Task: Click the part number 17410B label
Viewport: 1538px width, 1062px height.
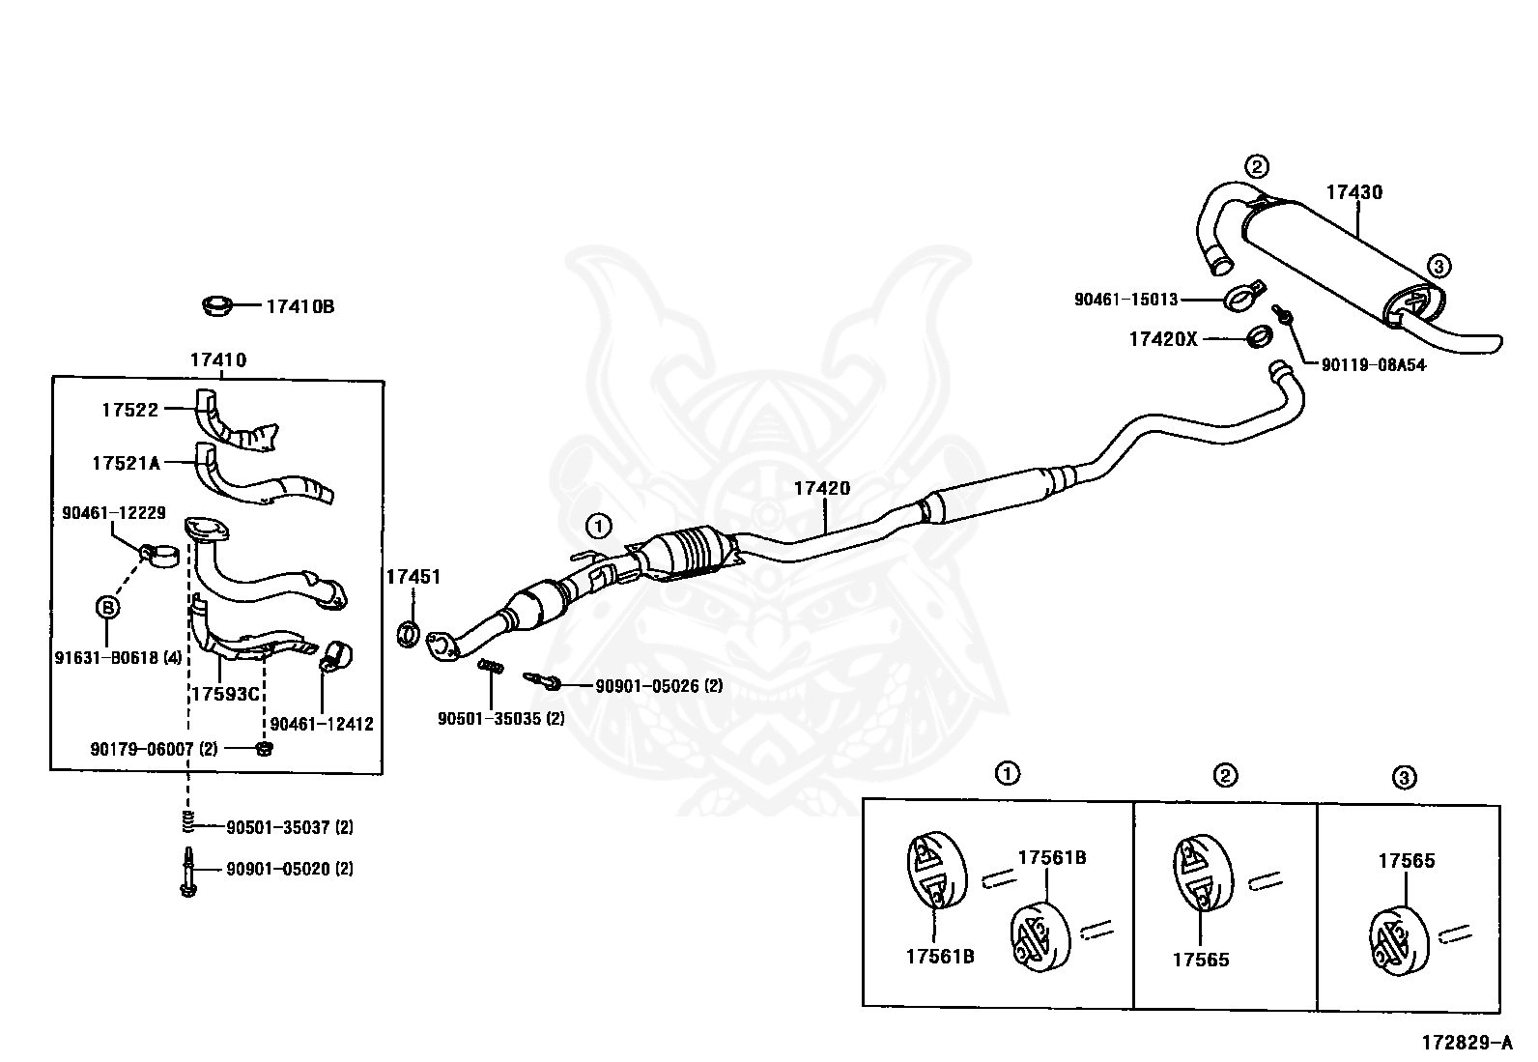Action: tap(299, 306)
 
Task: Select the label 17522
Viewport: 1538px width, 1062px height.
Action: tap(129, 410)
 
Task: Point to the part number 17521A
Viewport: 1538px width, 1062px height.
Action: tap(126, 463)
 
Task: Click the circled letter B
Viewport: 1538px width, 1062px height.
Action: tap(107, 607)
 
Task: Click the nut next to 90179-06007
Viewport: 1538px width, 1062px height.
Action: tap(264, 749)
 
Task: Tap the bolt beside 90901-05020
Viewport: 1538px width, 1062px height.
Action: tap(187, 871)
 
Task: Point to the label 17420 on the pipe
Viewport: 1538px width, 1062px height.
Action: tap(822, 488)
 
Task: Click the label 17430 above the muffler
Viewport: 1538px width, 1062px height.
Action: tap(1353, 192)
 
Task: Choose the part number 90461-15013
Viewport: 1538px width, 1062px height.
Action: tap(1125, 300)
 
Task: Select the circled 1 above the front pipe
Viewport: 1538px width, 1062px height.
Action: tap(599, 526)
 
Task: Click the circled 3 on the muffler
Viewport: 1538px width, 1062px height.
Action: tap(1438, 265)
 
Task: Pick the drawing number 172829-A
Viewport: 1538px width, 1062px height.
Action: tap(1466, 1043)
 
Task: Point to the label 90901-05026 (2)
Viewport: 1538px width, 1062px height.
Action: tap(658, 686)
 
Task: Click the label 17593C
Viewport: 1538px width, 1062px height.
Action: tap(225, 693)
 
